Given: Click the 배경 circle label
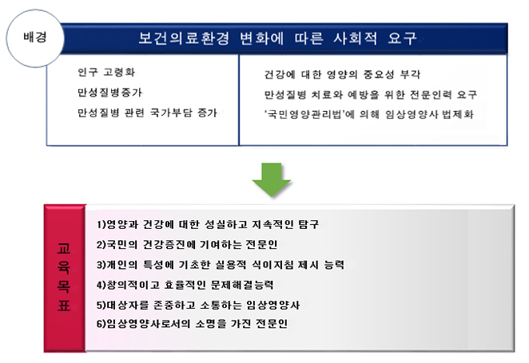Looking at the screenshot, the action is [35, 37].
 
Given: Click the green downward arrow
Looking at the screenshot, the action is [272, 180].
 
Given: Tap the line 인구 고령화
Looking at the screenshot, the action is [106, 72].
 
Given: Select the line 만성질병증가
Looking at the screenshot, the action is [109, 93].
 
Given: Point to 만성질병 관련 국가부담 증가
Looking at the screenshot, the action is [147, 112].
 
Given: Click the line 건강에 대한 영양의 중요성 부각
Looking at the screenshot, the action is [342, 74].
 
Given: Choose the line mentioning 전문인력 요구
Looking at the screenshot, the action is [371, 94].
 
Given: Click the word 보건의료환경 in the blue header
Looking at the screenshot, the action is [184, 38].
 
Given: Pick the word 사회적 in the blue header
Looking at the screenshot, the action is [356, 38].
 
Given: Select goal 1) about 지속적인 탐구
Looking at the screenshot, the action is [208, 224].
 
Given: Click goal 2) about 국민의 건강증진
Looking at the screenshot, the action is [187, 244].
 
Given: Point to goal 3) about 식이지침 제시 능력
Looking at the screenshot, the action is [221, 265].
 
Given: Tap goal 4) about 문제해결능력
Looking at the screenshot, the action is [185, 285].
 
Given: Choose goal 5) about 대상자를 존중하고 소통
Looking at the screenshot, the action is [198, 305].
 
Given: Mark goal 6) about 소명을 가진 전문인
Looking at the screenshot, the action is [192, 324].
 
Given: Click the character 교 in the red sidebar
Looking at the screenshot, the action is [64, 248].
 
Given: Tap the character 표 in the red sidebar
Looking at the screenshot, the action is [64, 306].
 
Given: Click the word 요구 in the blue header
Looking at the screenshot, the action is [403, 38].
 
